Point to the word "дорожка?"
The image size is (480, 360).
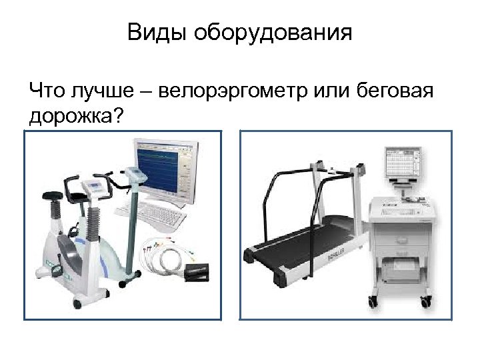pos(76,116)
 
